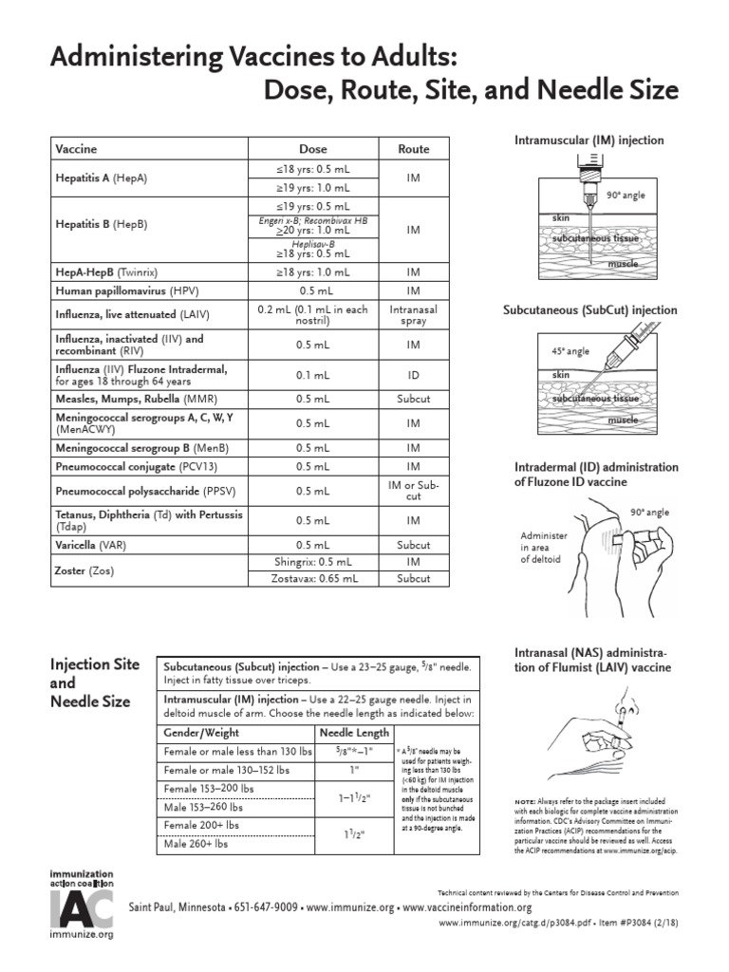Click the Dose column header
[313, 149]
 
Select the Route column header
[413, 149]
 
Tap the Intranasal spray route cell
[413, 315]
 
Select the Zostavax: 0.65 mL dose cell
[313, 577]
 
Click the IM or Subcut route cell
[413, 491]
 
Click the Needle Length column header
[354, 733]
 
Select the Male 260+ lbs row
[196, 843]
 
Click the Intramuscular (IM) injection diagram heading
[589, 140]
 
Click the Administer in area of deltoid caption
[542, 547]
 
